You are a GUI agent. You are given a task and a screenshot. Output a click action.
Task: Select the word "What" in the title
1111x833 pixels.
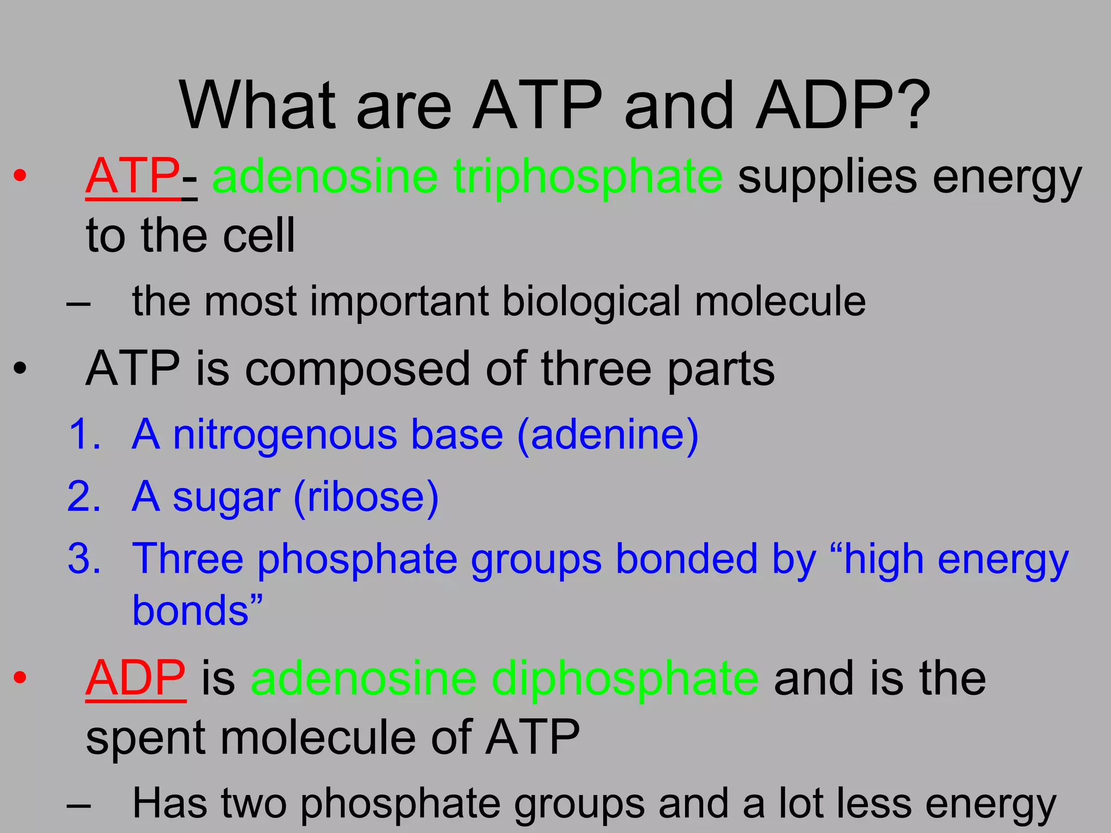pyautogui.click(x=258, y=106)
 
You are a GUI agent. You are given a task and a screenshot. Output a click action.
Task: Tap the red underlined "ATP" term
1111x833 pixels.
pyautogui.click(x=132, y=176)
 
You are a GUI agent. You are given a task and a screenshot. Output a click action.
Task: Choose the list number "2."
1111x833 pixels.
pyautogui.click(x=85, y=497)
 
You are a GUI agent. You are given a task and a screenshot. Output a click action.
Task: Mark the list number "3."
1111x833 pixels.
pyautogui.click(x=85, y=559)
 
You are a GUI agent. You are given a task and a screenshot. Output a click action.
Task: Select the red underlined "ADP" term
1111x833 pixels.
pyautogui.click(x=136, y=678)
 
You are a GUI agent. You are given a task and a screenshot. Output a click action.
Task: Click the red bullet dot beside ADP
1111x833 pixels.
pyautogui.click(x=20, y=678)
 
